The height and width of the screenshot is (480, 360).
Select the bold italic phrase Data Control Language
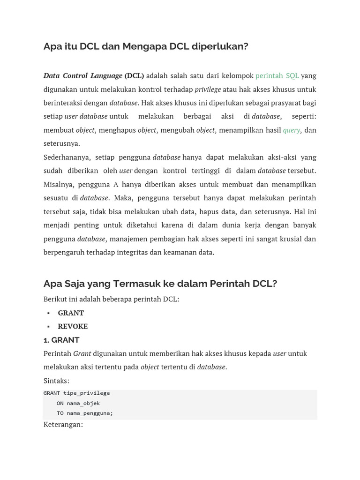82,75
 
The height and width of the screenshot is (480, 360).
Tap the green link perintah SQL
277,75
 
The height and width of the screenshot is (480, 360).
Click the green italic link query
291,130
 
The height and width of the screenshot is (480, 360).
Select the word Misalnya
59,184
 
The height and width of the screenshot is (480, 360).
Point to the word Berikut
56,299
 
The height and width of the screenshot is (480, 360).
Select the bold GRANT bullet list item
71,313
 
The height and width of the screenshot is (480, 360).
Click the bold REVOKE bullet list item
73,326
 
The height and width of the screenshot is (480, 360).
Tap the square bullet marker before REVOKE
48,326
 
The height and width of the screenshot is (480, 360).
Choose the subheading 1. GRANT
61,340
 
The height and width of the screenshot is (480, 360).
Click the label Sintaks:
56,381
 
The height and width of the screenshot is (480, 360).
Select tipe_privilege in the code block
87,393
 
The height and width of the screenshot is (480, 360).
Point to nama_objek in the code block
83,403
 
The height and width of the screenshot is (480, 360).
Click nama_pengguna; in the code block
90,413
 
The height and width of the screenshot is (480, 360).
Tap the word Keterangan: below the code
63,424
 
